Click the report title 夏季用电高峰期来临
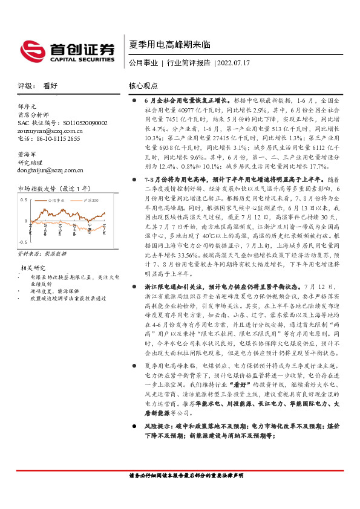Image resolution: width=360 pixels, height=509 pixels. [161, 44]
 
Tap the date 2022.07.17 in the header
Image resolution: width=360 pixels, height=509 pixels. [232, 62]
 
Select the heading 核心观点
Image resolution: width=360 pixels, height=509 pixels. [143, 86]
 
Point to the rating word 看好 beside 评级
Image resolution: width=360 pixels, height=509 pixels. [50, 86]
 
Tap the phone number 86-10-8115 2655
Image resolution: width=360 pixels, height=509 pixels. [49, 138]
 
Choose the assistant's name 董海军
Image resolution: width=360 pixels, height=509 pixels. [27, 154]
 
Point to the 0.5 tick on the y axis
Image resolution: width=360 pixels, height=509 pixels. [24, 199]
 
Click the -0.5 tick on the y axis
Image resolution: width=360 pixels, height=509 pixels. [24, 241]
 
